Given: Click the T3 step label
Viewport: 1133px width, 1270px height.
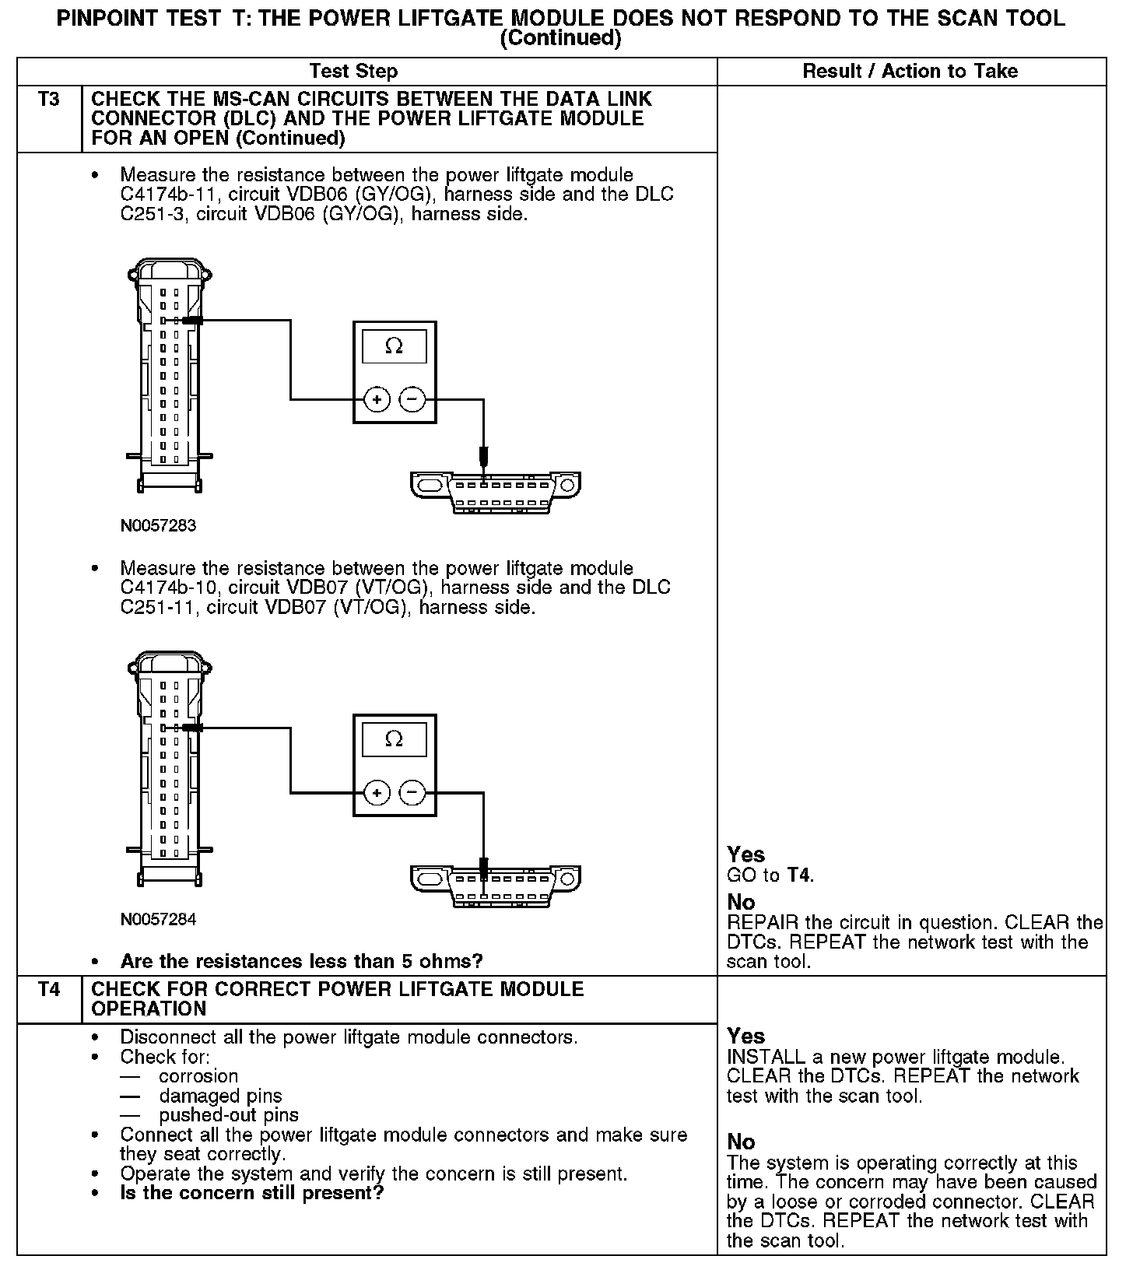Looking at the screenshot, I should (x=48, y=100).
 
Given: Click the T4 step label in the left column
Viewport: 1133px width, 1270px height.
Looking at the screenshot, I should (x=48, y=990).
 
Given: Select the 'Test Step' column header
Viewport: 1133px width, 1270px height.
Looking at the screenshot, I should (x=353, y=72).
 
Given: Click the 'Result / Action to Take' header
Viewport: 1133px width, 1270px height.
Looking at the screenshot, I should (x=910, y=72).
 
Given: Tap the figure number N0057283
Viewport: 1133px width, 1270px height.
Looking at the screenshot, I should (x=158, y=525).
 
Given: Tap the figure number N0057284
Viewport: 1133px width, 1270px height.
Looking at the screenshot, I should (x=158, y=919).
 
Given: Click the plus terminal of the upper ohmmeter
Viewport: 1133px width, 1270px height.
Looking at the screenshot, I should (x=377, y=400).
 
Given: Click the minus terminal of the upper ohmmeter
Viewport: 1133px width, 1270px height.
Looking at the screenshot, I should (x=412, y=400).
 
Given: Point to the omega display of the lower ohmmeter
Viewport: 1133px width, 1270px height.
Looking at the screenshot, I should (x=394, y=739).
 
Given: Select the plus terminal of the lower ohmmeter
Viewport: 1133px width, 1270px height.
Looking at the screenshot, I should (x=377, y=793).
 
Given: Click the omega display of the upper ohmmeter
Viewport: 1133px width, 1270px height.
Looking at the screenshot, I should (x=394, y=346).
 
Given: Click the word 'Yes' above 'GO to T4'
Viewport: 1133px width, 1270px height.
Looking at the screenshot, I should (x=745, y=854).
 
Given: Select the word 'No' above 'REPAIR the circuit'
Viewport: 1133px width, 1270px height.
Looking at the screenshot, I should (x=741, y=902).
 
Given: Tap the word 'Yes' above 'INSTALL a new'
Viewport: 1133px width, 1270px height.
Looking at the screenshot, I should (x=745, y=1036).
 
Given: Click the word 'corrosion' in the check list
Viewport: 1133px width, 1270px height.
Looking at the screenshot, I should (x=198, y=1076).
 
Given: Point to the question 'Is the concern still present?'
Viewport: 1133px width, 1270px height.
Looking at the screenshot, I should (x=252, y=1193).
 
